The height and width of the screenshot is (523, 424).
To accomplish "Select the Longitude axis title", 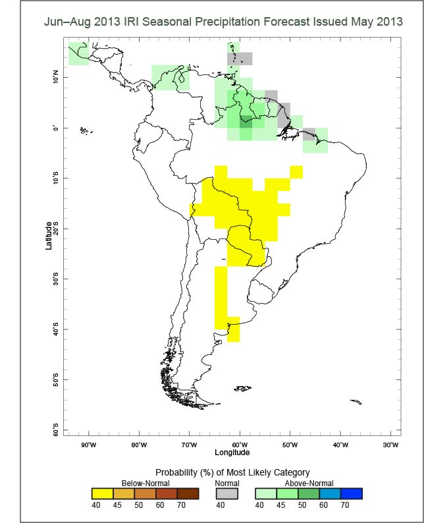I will pos(232,453).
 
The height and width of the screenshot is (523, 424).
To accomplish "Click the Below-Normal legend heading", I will pos(133,483).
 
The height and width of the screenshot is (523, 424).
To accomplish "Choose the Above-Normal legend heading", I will pos(308,483).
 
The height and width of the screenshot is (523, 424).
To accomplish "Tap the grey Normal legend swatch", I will pos(227,493).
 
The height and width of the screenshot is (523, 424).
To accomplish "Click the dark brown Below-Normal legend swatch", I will pos(188,493).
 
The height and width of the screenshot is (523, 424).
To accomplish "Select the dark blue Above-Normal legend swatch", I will pos(351,493).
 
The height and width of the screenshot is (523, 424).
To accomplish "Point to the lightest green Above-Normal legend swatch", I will pos(265,493).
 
